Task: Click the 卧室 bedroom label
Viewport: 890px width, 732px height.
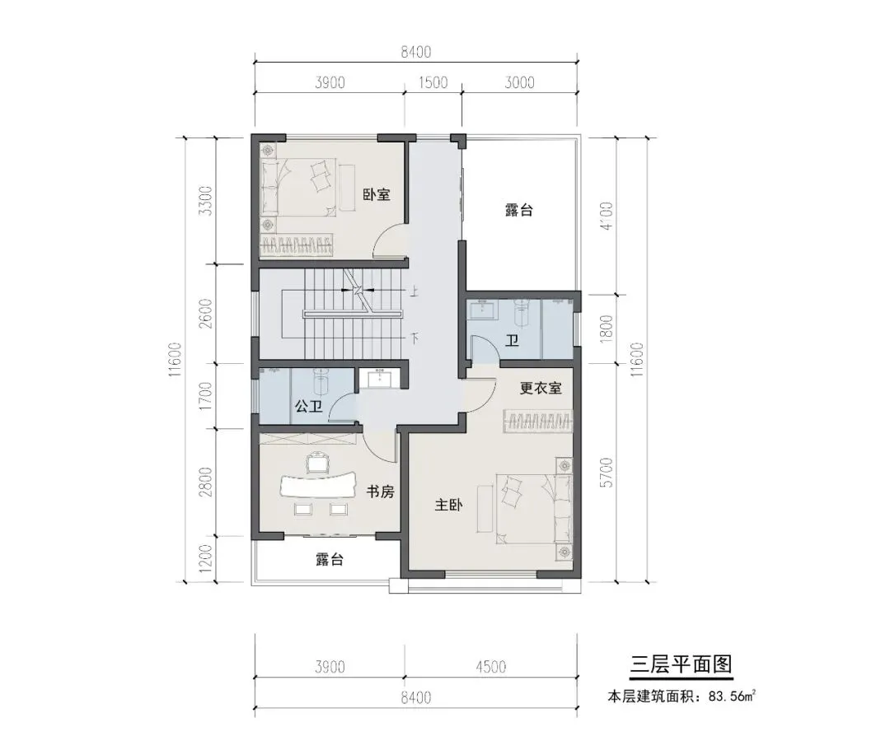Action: coord(377,194)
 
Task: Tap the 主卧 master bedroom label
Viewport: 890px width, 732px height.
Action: coord(448,504)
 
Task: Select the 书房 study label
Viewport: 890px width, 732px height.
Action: coord(380,491)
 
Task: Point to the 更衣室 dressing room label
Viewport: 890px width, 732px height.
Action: coord(541,388)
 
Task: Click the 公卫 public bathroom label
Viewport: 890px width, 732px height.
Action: coord(309,406)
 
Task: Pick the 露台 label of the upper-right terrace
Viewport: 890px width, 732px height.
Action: coord(519,210)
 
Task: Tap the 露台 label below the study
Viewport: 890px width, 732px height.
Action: coord(330,560)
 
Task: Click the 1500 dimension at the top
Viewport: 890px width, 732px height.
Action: coord(433,82)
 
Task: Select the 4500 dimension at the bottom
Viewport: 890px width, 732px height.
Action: coord(490,667)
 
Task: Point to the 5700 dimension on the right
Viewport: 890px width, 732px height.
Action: coord(607,473)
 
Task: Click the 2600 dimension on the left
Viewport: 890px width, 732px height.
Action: coord(206,313)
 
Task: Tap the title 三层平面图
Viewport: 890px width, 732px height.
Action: coord(682,664)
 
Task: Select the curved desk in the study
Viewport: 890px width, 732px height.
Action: coord(316,486)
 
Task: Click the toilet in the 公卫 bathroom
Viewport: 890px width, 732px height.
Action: coord(321,381)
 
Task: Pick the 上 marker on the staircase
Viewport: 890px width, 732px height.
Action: coord(415,292)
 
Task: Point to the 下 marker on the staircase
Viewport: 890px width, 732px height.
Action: coord(415,339)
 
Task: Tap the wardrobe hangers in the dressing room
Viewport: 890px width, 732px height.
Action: coord(537,422)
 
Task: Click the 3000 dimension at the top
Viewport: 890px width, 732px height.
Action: coord(519,82)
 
